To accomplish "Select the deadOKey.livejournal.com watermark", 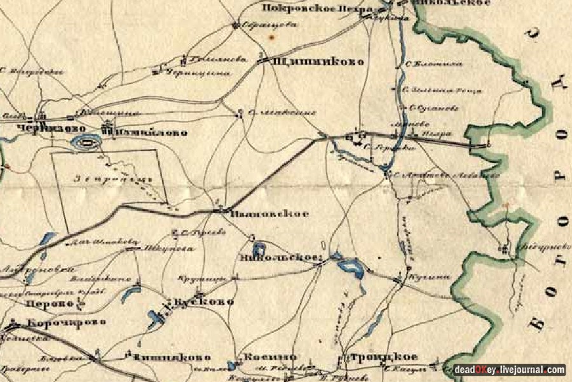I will point(508,369).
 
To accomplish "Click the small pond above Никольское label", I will point(259,248).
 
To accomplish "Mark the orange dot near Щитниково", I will point(271,39).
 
